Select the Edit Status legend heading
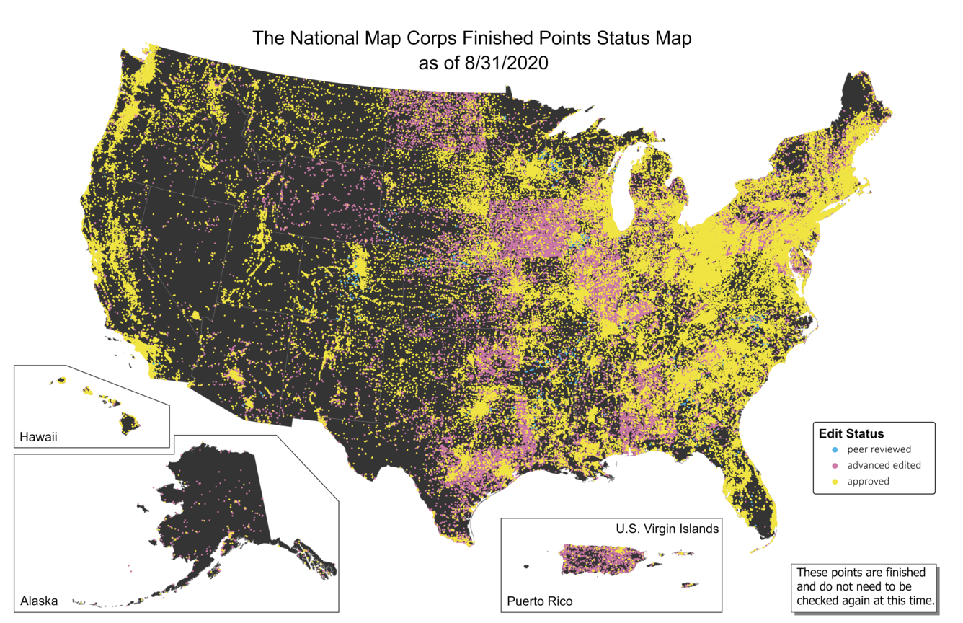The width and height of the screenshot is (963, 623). pos(851,434)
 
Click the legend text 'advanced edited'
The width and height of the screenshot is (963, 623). pos(884,465)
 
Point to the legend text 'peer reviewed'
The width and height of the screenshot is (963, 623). pos(879,449)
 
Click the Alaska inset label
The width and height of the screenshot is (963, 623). pos(39,601)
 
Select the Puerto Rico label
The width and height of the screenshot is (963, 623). pos(540,601)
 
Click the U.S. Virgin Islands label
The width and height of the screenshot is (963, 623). pos(667,529)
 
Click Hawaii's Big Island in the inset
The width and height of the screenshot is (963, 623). pos(129,423)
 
